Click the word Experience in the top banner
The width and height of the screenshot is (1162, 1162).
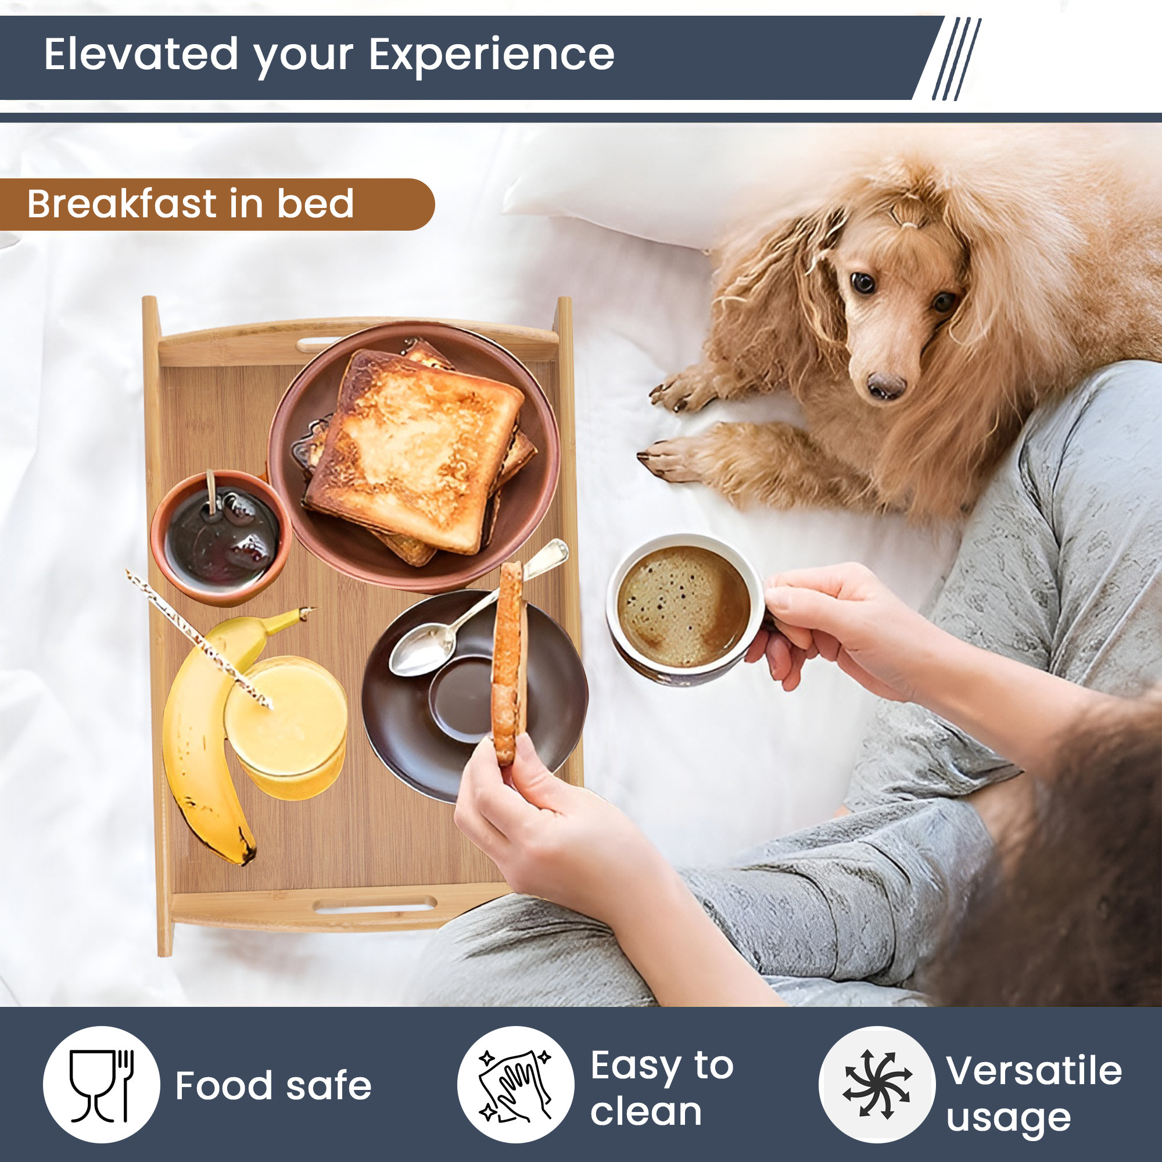tap(491, 54)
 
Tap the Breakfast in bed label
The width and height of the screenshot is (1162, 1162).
tap(190, 204)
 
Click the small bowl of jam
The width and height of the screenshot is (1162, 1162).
tap(221, 537)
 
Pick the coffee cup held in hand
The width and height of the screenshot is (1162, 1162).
tap(683, 609)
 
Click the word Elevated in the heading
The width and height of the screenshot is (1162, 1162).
tap(141, 54)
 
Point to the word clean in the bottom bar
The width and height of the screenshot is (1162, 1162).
tap(645, 1111)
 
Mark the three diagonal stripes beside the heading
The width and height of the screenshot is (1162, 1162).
tap(956, 58)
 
